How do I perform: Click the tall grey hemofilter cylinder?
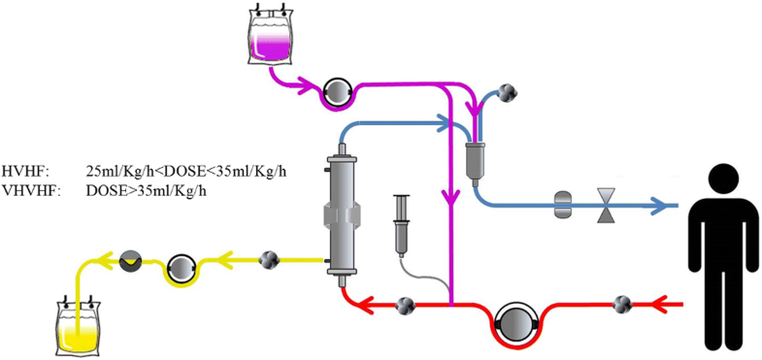338,212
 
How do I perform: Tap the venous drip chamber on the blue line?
475,155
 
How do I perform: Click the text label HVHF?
19,171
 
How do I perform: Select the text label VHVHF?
24,190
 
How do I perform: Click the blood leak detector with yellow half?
130,259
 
